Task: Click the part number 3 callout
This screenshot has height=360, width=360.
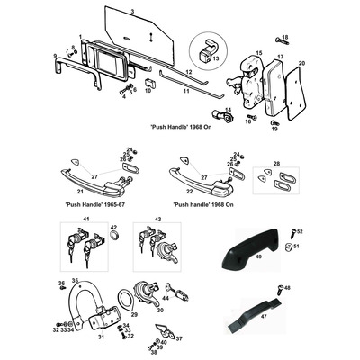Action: click(x=132, y=10)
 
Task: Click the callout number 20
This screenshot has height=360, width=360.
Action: click(x=301, y=62)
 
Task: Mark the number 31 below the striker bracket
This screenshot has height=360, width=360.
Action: click(x=100, y=337)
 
